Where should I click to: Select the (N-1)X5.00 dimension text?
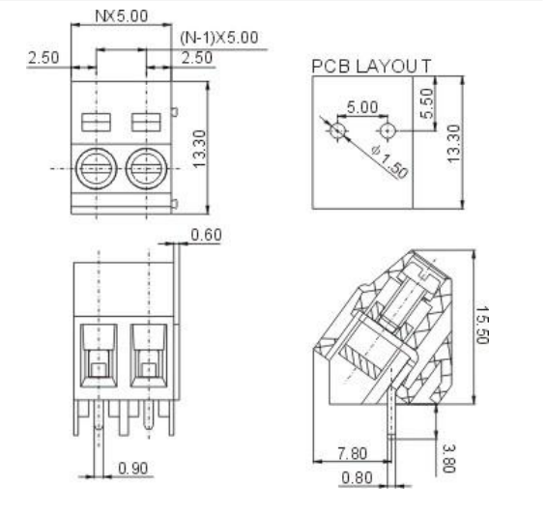tap(219, 38)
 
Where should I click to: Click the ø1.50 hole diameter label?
tap(361, 159)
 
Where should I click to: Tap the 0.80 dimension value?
tap(357, 476)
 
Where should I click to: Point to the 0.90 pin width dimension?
tap(134, 469)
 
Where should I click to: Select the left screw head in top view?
tap(97, 168)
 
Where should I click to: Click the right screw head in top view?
tap(146, 168)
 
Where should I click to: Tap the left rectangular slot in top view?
tap(97, 122)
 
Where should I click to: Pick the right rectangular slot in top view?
tap(146, 122)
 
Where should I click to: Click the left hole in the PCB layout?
tap(337, 128)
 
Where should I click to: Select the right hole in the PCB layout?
tap(388, 128)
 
